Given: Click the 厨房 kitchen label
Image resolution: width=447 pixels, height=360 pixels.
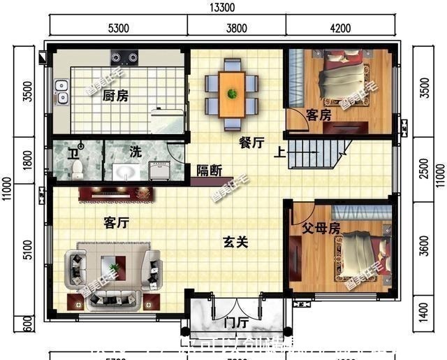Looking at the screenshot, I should (115, 96).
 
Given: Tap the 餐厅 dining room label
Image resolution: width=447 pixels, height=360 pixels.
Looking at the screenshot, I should (251, 143).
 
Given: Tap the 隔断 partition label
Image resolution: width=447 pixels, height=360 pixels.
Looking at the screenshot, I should (209, 169).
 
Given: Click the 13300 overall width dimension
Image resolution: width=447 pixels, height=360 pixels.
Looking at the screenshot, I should (222, 8).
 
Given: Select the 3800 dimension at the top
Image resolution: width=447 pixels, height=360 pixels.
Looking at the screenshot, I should (235, 29).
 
